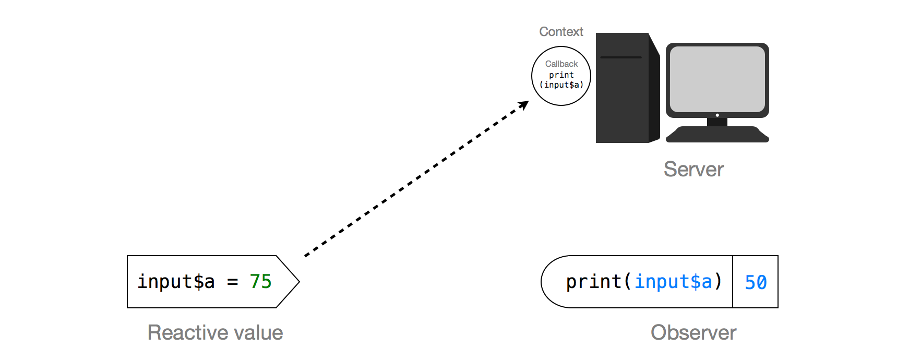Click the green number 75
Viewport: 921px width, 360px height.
(x=260, y=282)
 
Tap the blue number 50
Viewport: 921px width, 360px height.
(x=755, y=282)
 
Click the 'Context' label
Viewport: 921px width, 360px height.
(x=561, y=32)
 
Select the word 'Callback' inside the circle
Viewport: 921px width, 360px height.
(x=561, y=64)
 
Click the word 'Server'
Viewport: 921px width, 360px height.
(x=693, y=169)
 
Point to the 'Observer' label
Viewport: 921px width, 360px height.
(x=693, y=332)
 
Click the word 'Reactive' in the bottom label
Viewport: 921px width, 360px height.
(x=181, y=332)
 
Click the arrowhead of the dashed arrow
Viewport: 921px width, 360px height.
(x=524, y=104)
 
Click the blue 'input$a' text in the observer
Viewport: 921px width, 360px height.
(x=673, y=282)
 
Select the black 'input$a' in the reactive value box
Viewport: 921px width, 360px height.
(x=176, y=282)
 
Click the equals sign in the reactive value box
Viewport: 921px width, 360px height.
(x=232, y=282)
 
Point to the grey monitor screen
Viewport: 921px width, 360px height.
(x=717, y=78)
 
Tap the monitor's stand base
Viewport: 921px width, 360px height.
(x=717, y=135)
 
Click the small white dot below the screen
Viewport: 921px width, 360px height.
(x=717, y=115)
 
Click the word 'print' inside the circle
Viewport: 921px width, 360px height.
(x=561, y=75)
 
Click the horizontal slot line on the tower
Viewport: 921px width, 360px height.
(x=620, y=57)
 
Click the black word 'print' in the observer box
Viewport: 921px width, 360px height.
(x=593, y=282)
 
